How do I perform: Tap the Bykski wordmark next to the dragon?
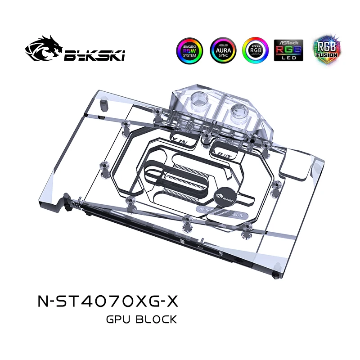(x=94, y=54)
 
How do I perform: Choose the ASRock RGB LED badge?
(x=288, y=49)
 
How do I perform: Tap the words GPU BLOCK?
(x=141, y=320)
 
